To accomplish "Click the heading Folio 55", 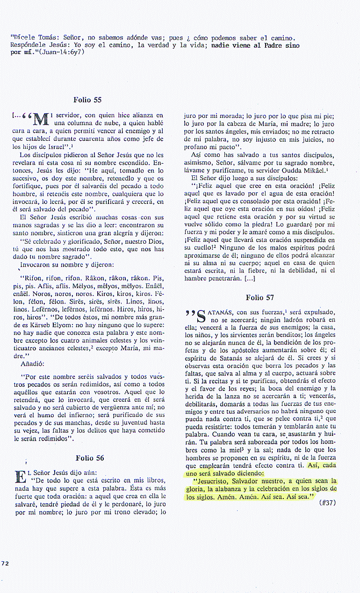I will click(x=87, y=100).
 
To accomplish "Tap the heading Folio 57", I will click(x=260, y=297).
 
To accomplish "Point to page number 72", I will click(x=5, y=563).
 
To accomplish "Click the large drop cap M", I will click(x=40, y=121).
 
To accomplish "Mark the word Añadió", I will click(x=32, y=362).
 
